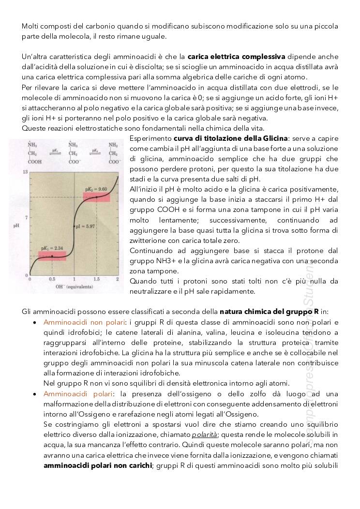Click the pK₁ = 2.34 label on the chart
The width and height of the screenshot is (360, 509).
click(52, 248)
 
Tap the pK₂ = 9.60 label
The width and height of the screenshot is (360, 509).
click(96, 188)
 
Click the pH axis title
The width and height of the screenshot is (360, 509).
click(16, 224)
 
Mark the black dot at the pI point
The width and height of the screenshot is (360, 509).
click(74, 226)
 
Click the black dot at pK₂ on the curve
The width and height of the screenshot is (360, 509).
click(96, 197)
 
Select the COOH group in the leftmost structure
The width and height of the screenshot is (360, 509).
click(35, 162)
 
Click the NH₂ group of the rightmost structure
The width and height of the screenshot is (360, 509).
click(113, 145)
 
